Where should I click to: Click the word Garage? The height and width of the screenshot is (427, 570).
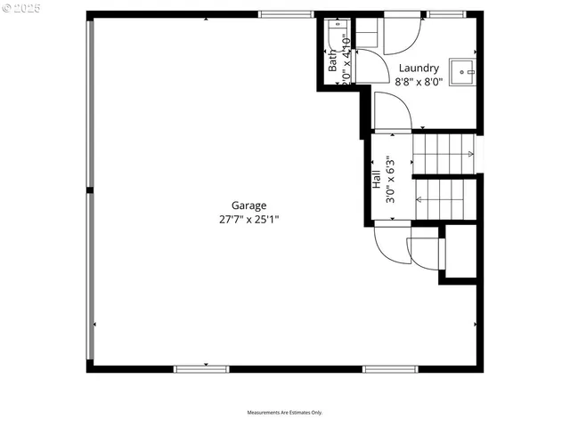(248, 205)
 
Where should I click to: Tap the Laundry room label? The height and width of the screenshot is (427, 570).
(418, 68)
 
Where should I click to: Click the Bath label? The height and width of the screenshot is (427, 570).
(333, 60)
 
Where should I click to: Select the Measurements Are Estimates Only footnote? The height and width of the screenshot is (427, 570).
(284, 413)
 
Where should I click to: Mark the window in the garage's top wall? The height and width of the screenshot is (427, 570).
(286, 14)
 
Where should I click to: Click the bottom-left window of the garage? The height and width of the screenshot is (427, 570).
(201, 368)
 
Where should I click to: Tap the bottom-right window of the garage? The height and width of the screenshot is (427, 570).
(390, 368)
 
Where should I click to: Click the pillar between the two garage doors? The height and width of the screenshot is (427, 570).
(89, 190)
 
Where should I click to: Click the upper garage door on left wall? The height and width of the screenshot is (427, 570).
(89, 102)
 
